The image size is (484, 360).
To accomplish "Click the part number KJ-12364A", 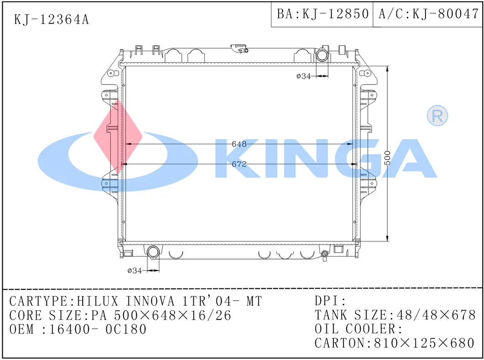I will [52, 20].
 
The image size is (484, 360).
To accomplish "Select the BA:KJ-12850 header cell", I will [322, 14].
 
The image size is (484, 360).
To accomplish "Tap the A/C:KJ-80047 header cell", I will [428, 14].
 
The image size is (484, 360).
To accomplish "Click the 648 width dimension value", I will [239, 144].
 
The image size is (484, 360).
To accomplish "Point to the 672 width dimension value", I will [239, 164].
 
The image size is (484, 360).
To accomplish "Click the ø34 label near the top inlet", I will [303, 76].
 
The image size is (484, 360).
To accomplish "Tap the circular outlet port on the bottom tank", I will [153, 252].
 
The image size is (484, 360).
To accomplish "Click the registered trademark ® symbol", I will [437, 116].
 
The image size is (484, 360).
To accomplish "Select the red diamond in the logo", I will [117, 136].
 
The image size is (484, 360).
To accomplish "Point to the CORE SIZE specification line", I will [120, 315].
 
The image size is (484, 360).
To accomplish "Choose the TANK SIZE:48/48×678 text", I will [395, 315].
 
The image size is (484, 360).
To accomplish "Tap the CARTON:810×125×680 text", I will [395, 343].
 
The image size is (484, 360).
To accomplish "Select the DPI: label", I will [331, 301].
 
